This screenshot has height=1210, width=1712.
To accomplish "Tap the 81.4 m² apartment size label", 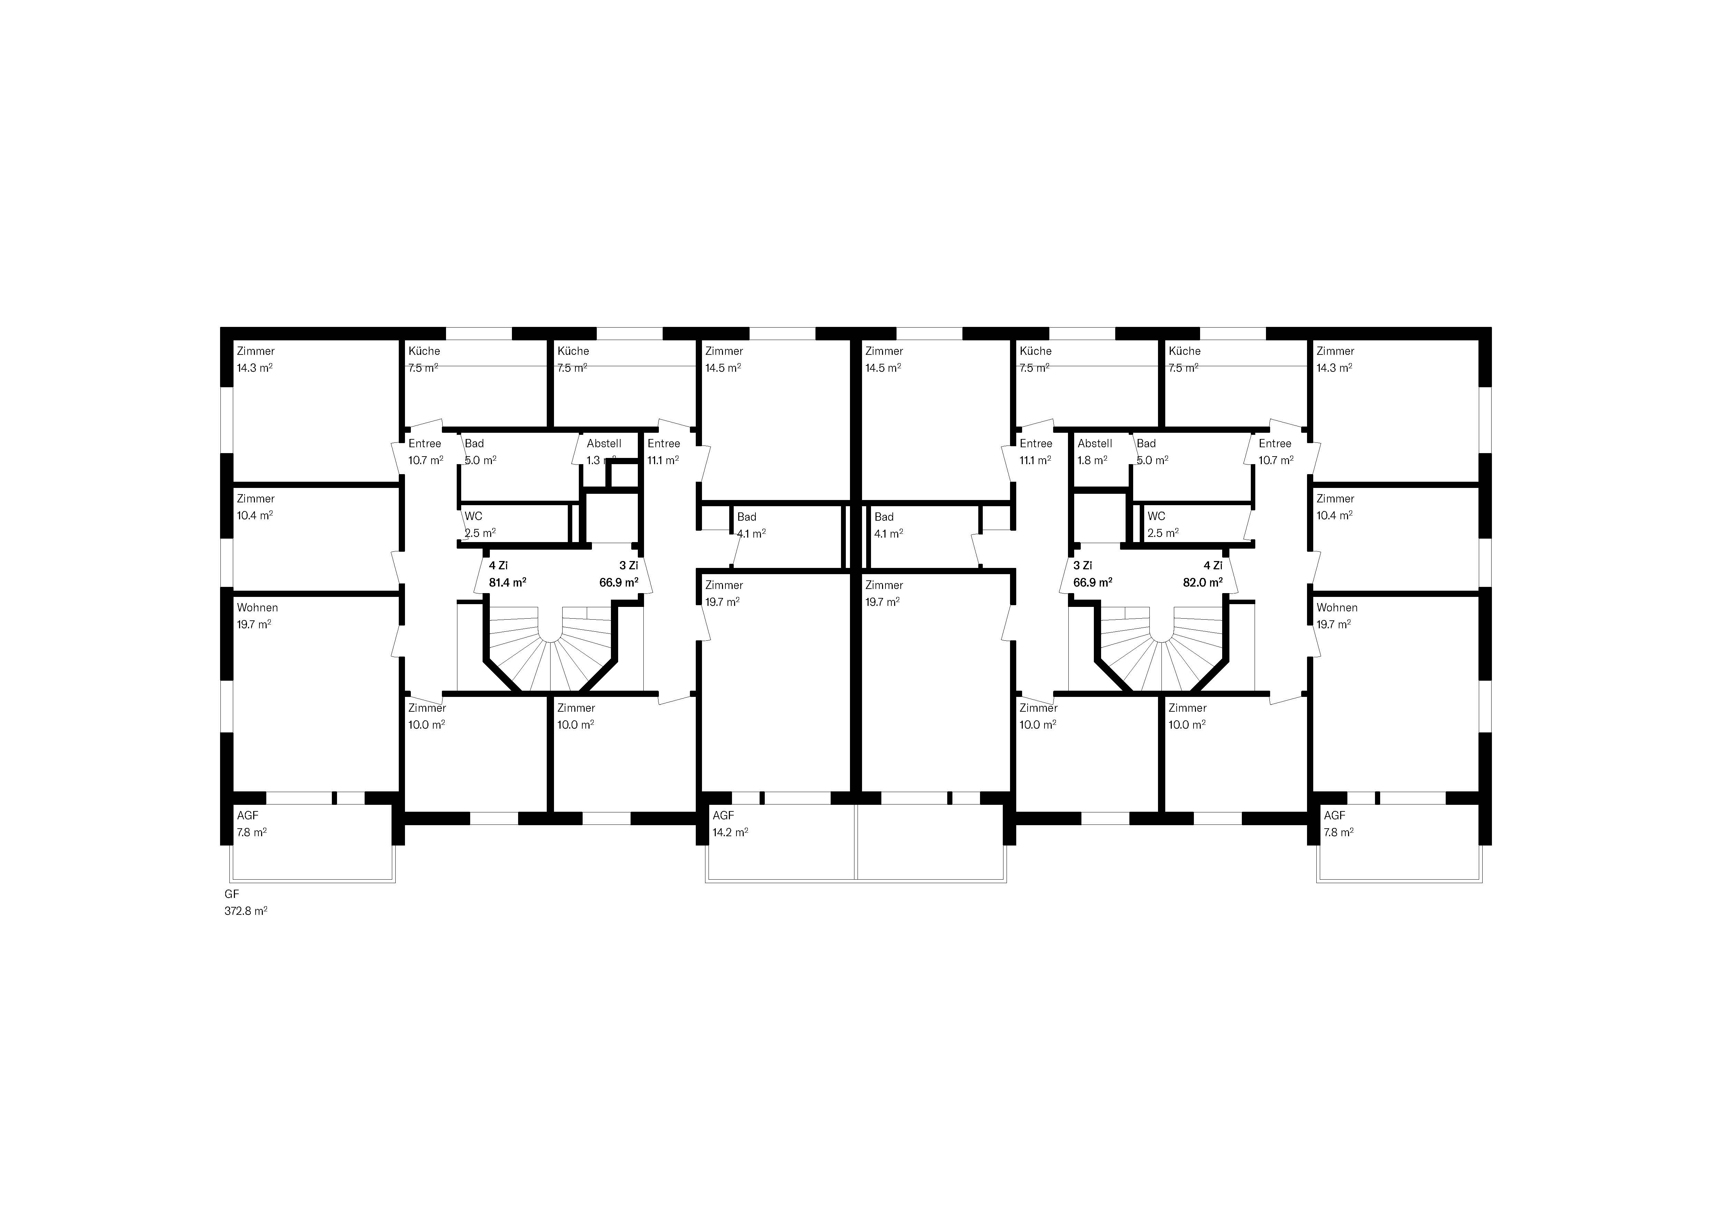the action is (x=508, y=582).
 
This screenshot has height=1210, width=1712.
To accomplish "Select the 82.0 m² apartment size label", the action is (x=1203, y=582).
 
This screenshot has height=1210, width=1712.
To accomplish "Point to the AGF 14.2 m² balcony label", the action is (x=730, y=824).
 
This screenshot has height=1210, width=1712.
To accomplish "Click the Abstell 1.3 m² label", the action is (x=603, y=452).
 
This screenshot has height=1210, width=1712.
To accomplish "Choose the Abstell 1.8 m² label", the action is (x=1095, y=452).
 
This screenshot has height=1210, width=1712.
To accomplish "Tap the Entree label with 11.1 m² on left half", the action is (x=663, y=452).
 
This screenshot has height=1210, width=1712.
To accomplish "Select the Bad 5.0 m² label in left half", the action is (x=480, y=452).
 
